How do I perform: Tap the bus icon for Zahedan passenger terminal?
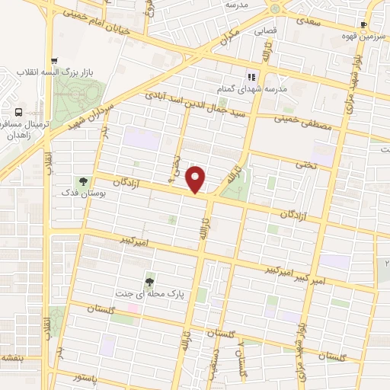(x=19, y=112)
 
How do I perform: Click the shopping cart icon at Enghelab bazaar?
(x=53, y=62)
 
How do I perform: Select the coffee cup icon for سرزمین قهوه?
(x=363, y=24)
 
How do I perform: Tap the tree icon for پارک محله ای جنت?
(x=151, y=280)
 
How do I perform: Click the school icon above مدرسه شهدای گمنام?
(x=251, y=76)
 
